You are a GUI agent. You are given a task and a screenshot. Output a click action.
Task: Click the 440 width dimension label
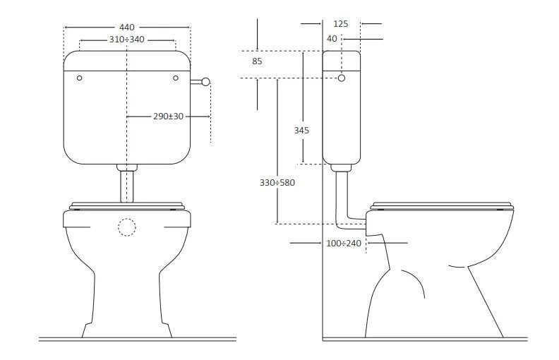coord(126,28)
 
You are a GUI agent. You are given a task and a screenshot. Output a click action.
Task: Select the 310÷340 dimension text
coord(126,40)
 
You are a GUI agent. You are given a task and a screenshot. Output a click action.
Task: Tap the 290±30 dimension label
coord(168,116)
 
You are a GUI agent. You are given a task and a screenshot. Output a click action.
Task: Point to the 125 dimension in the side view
coord(340,23)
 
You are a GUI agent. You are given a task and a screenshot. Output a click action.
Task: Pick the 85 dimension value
coord(257,61)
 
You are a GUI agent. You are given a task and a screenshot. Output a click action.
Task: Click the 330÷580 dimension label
coord(277,182)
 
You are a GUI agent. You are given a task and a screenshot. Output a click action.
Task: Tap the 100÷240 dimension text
coord(344,243)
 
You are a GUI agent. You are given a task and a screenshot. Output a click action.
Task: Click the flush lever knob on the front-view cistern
coord(205,82)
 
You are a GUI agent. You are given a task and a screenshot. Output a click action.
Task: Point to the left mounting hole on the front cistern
coord(79,78)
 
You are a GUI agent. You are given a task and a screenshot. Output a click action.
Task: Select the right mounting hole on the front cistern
coord(174,78)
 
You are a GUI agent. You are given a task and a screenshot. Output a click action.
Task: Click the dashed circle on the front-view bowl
coord(126,227)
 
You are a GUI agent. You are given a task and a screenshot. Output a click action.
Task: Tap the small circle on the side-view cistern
coord(342,78)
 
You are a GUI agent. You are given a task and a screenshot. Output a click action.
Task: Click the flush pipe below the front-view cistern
coord(126,186)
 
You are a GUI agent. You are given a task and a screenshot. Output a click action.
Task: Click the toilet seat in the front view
coord(126,206)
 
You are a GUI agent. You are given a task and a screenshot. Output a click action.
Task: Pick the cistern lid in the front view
coord(126,61)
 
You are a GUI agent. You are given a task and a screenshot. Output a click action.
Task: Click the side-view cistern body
coord(342,120)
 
